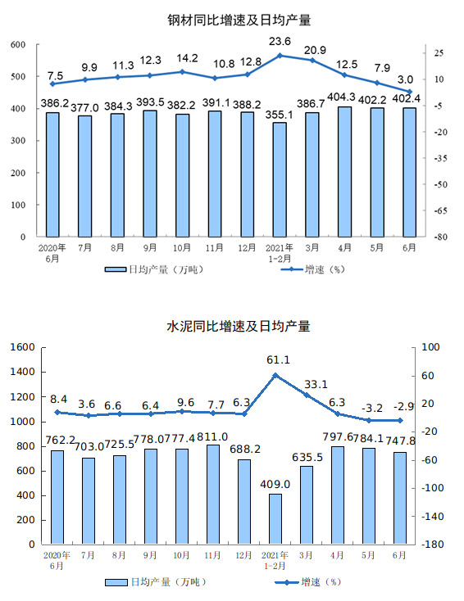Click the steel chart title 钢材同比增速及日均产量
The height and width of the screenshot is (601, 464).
[239, 20]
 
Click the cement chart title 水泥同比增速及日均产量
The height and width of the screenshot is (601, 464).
[239, 326]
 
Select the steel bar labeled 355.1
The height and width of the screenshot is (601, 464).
[280, 179]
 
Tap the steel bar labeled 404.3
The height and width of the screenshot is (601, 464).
[344, 172]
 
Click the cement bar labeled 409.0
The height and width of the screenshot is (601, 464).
[275, 519]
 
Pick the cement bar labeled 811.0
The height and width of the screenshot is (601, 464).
[213, 495]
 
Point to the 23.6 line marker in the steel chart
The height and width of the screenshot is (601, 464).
[280, 56]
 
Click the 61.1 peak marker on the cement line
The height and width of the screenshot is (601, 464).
[275, 375]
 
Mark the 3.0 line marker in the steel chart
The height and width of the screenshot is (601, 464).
[410, 92]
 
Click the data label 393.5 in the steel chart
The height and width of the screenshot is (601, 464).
[150, 102]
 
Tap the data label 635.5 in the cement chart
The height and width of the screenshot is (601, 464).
[307, 457]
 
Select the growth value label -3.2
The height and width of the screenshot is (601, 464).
[372, 409]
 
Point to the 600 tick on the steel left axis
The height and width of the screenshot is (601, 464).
[18, 44]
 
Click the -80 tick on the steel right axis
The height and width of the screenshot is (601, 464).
[440, 237]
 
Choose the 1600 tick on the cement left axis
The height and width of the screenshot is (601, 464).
[23, 347]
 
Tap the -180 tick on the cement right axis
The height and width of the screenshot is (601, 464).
[433, 545]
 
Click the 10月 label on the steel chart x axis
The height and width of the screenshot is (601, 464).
[181, 248]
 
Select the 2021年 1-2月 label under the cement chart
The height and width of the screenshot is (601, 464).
[275, 560]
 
